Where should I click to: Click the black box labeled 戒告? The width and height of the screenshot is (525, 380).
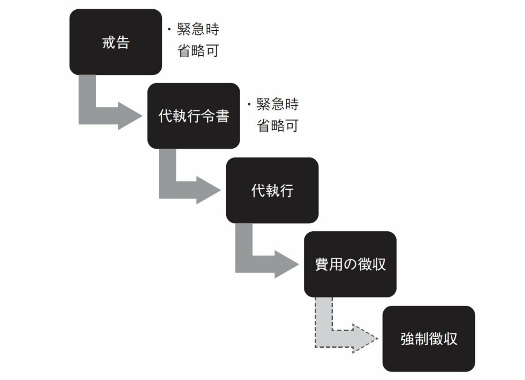[x=115, y=42]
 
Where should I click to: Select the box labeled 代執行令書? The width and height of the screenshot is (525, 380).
[x=193, y=116]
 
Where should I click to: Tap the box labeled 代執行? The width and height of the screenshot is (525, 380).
[x=272, y=190]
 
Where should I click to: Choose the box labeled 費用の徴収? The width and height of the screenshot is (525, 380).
[x=350, y=264]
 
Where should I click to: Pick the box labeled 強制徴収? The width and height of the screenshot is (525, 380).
[x=428, y=338]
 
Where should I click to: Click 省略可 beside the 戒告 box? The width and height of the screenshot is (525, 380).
[x=198, y=51]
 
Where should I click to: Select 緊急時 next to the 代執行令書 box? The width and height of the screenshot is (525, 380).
[x=277, y=105]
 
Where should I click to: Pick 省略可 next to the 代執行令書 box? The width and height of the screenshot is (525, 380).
[x=277, y=126]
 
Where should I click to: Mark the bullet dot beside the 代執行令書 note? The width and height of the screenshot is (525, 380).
[x=249, y=104]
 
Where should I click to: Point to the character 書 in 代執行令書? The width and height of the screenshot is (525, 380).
[x=222, y=116]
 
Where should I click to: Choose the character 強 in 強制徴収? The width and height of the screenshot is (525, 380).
[x=407, y=339]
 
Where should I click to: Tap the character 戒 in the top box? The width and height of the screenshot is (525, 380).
[x=109, y=42]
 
